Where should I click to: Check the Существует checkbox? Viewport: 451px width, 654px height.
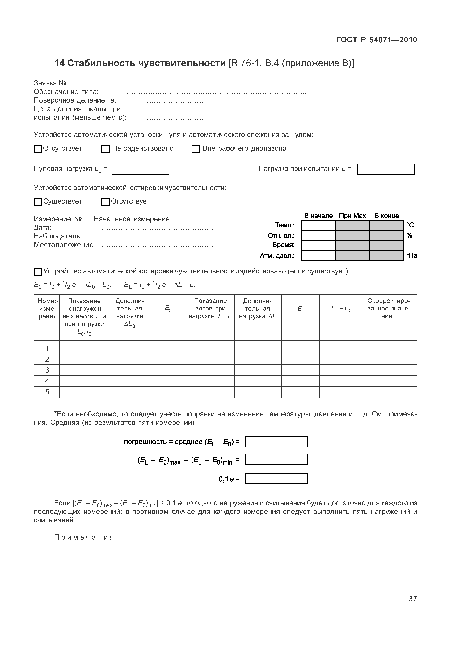pyautogui.click(x=38, y=202)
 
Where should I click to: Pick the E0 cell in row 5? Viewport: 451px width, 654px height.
pyautogui.click(x=169, y=392)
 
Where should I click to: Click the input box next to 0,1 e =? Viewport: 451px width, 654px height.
pyautogui.click(x=276, y=479)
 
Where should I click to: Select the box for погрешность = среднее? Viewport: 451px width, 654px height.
pyautogui.click(x=276, y=442)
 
